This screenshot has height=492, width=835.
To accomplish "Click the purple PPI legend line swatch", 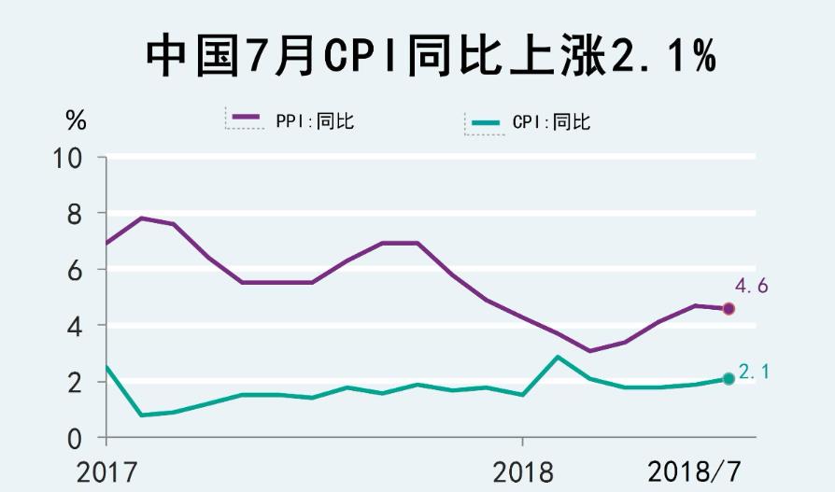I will coord(246,118).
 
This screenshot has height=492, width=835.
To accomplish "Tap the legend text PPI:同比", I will coord(315,120).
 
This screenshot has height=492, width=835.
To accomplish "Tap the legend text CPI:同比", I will coord(552,122).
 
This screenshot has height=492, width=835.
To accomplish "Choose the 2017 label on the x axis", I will coord(106,471).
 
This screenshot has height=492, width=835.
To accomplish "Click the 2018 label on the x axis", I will coord(522,471).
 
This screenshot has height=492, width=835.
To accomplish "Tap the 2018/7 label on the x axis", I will coord(698,471).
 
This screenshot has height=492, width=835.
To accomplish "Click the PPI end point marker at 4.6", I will coord(729,309).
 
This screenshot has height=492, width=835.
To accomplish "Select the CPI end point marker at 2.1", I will coord(729,378).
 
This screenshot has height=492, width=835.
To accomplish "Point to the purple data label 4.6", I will coord(752,287).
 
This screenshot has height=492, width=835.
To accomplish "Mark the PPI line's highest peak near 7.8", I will coord(141,218).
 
